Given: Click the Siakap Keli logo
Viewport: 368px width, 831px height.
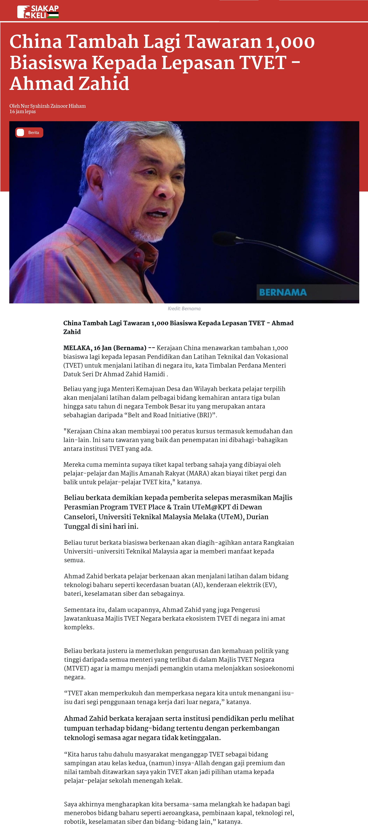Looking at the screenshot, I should tap(38, 12).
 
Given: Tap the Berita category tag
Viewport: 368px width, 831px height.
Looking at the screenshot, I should tap(29, 133).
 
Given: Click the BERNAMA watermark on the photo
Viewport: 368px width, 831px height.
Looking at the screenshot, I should tap(283, 292).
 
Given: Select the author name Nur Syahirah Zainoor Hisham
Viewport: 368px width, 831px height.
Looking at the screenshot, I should tap(53, 106).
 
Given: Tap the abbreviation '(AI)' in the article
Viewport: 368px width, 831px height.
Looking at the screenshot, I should tap(197, 585).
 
